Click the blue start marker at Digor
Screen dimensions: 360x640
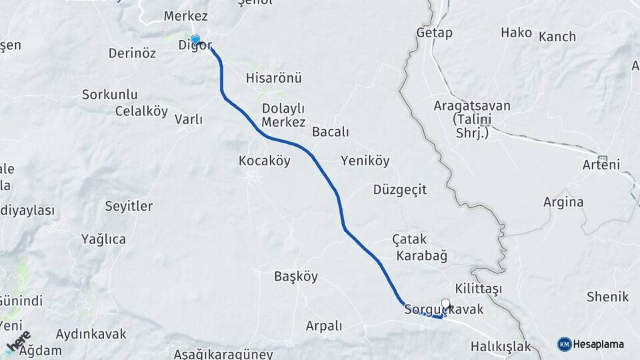(195, 39)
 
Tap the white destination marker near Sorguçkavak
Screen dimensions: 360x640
(446, 303)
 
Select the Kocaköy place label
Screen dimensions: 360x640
(265, 161)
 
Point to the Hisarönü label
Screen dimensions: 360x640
(273, 78)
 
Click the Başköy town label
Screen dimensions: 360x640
(296, 276)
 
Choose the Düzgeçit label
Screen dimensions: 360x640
(400, 190)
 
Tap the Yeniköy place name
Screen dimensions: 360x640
(365, 161)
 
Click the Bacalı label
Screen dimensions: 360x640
(330, 132)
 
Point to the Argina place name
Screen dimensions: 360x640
(563, 202)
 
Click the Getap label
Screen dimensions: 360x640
(434, 33)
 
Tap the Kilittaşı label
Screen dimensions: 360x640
(478, 288)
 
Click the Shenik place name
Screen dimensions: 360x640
(607, 297)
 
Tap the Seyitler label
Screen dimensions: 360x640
(129, 206)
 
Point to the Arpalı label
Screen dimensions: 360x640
(323, 326)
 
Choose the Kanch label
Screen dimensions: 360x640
(557, 37)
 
